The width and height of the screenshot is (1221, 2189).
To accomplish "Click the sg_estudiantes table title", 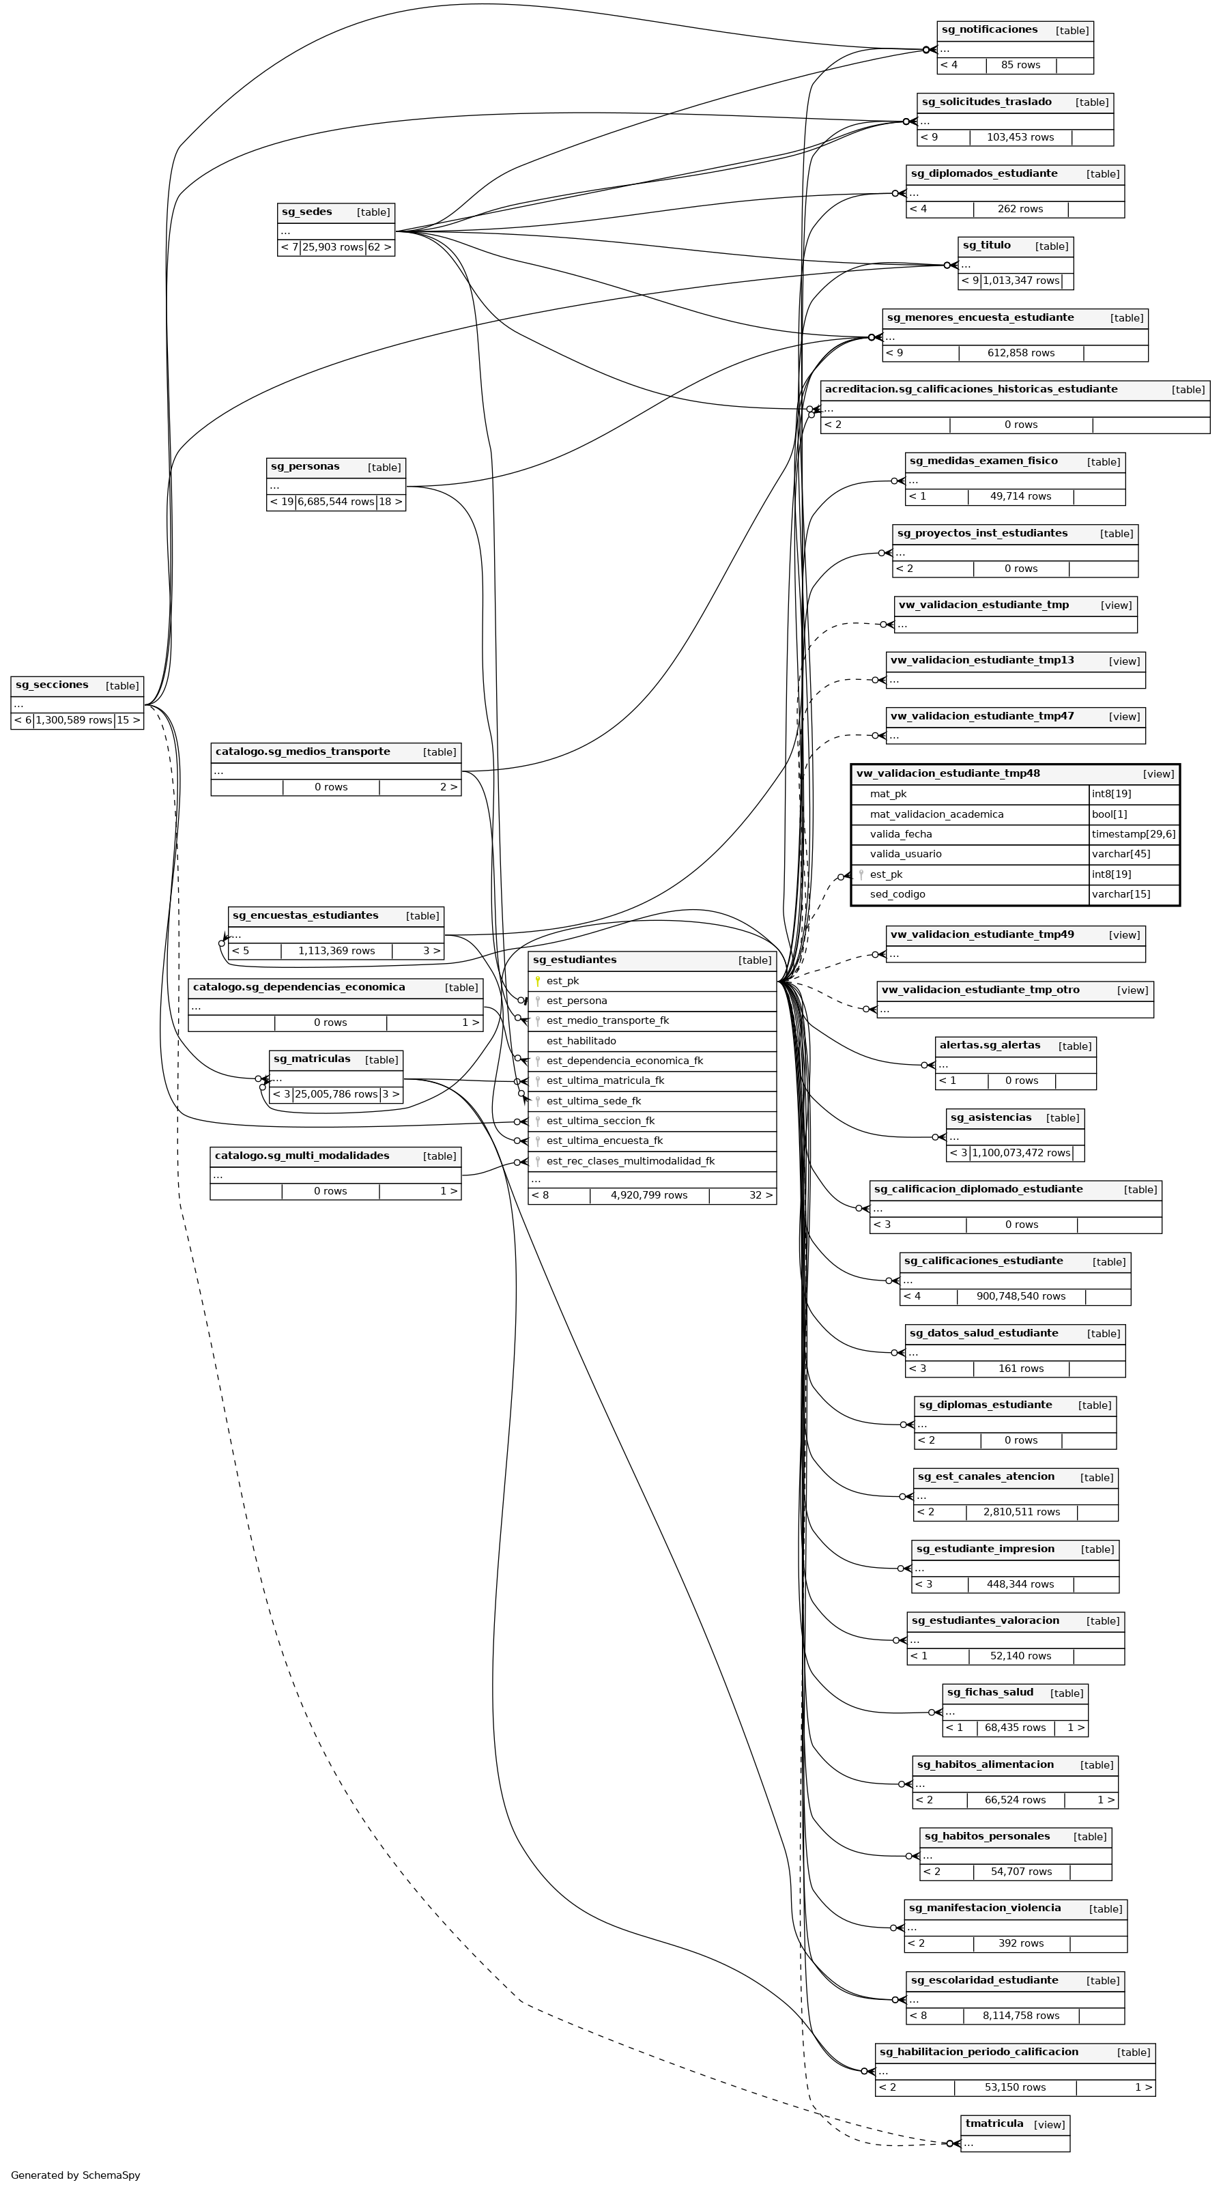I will pos(575,960).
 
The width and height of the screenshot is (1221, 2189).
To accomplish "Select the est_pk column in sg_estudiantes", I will pos(562,982).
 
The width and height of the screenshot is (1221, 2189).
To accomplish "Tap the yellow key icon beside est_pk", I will pos(537,982).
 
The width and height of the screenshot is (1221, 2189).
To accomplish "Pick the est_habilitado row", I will pos(581,1041).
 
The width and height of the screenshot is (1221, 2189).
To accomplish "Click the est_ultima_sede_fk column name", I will pos(593,1101).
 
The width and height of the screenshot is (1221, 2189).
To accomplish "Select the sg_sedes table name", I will pos(306,212).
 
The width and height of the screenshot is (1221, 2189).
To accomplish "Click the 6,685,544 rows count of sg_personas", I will pos(336,502).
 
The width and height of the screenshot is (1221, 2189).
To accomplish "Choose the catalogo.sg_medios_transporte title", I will pos(302,752).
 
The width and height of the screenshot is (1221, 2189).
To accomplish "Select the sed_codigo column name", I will pos(897,895).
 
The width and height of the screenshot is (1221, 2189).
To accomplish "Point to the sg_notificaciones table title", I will pos(989,31).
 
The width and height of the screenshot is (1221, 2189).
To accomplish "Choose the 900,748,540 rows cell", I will pos(1020,1297).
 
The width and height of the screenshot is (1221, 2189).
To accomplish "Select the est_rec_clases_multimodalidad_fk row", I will pos(631,1162).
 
